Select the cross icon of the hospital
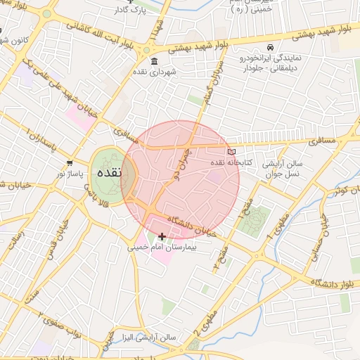[x=162, y=236]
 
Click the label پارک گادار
[x=129, y=11]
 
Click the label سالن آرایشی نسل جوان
[x=283, y=168]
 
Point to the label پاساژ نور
[x=70, y=174]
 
